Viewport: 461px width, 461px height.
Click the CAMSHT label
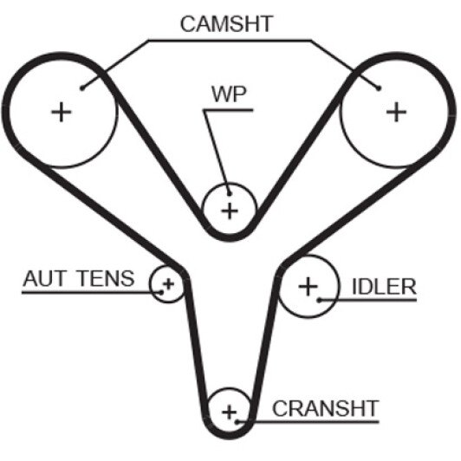[x=227, y=23]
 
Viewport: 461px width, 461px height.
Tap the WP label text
[x=229, y=94]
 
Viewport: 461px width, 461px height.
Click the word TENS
[x=107, y=278]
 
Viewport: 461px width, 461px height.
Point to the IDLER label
[x=384, y=286]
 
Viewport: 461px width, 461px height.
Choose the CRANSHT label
[x=326, y=408]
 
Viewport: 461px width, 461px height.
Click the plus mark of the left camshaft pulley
[x=62, y=112]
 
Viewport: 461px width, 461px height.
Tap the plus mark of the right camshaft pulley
[x=396, y=112]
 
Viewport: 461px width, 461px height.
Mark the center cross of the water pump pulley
[x=230, y=211]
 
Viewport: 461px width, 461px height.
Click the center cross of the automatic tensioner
[x=169, y=284]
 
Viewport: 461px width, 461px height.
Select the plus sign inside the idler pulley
[x=308, y=286]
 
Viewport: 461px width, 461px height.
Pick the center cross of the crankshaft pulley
[x=230, y=412]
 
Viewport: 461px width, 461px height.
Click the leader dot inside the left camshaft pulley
[x=82, y=88]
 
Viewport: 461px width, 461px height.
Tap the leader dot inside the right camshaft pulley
[x=379, y=88]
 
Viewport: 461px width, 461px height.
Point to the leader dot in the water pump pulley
[x=230, y=194]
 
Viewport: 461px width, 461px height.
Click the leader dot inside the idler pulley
[x=319, y=300]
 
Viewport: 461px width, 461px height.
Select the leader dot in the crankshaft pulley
[x=237, y=422]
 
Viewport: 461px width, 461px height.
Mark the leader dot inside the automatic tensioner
[x=161, y=293]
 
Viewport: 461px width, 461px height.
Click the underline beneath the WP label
[x=228, y=110]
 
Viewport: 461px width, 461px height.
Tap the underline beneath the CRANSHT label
[x=308, y=422]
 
